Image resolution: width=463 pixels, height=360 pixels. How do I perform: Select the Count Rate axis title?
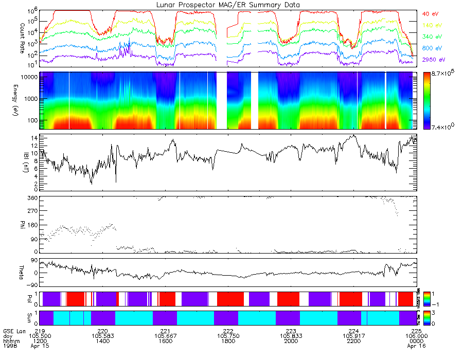8,36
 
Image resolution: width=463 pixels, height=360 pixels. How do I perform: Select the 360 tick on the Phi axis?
32,198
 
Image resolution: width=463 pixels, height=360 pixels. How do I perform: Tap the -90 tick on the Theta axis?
32,284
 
